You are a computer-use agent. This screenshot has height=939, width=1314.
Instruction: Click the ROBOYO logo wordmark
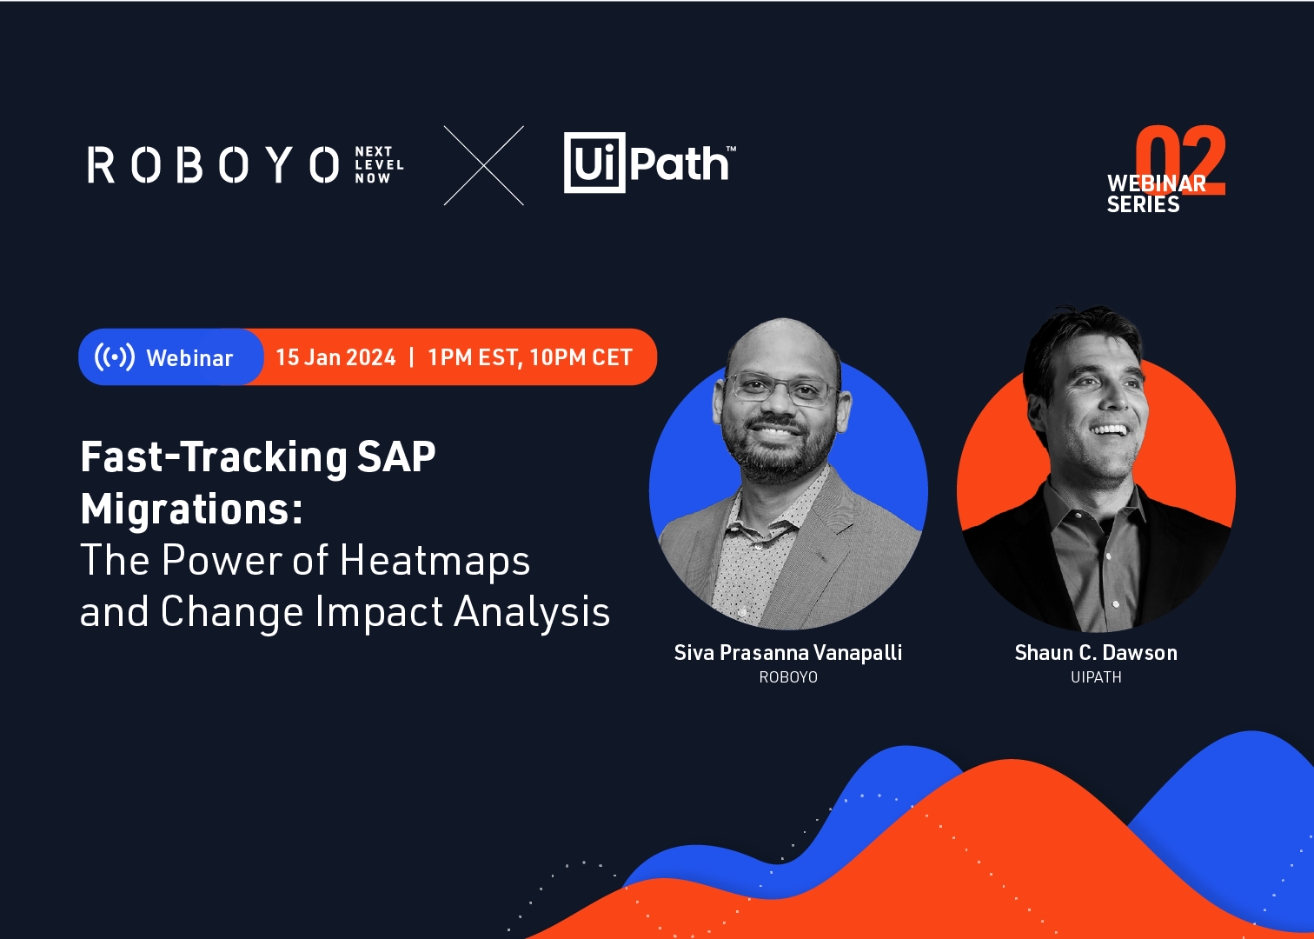pos(213,164)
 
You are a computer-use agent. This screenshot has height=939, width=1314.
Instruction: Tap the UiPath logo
pos(648,163)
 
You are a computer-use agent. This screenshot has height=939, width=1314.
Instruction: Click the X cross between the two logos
pos(484,165)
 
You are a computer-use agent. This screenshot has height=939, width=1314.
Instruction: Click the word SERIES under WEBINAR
pos(1143,204)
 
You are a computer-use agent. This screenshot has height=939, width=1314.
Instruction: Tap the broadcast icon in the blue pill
pos(115,356)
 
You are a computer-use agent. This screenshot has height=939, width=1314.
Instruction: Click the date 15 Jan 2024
pos(335,357)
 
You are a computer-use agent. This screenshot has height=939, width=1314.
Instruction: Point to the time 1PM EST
pos(473,357)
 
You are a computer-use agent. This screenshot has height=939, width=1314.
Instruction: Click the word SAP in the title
pos(396,456)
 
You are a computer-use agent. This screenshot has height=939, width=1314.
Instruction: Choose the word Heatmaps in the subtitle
pos(435,560)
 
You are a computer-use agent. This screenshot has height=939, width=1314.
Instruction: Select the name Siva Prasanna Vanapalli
pos(788,652)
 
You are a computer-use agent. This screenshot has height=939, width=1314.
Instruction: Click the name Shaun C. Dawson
pos(1096,652)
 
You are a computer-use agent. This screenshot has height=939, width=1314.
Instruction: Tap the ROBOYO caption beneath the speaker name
pos(788,677)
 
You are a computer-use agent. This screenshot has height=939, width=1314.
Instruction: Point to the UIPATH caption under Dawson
pos(1096,677)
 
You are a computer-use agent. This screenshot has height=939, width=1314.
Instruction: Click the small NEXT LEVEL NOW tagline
pos(379,164)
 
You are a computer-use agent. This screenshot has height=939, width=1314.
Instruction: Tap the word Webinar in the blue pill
pos(189,358)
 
